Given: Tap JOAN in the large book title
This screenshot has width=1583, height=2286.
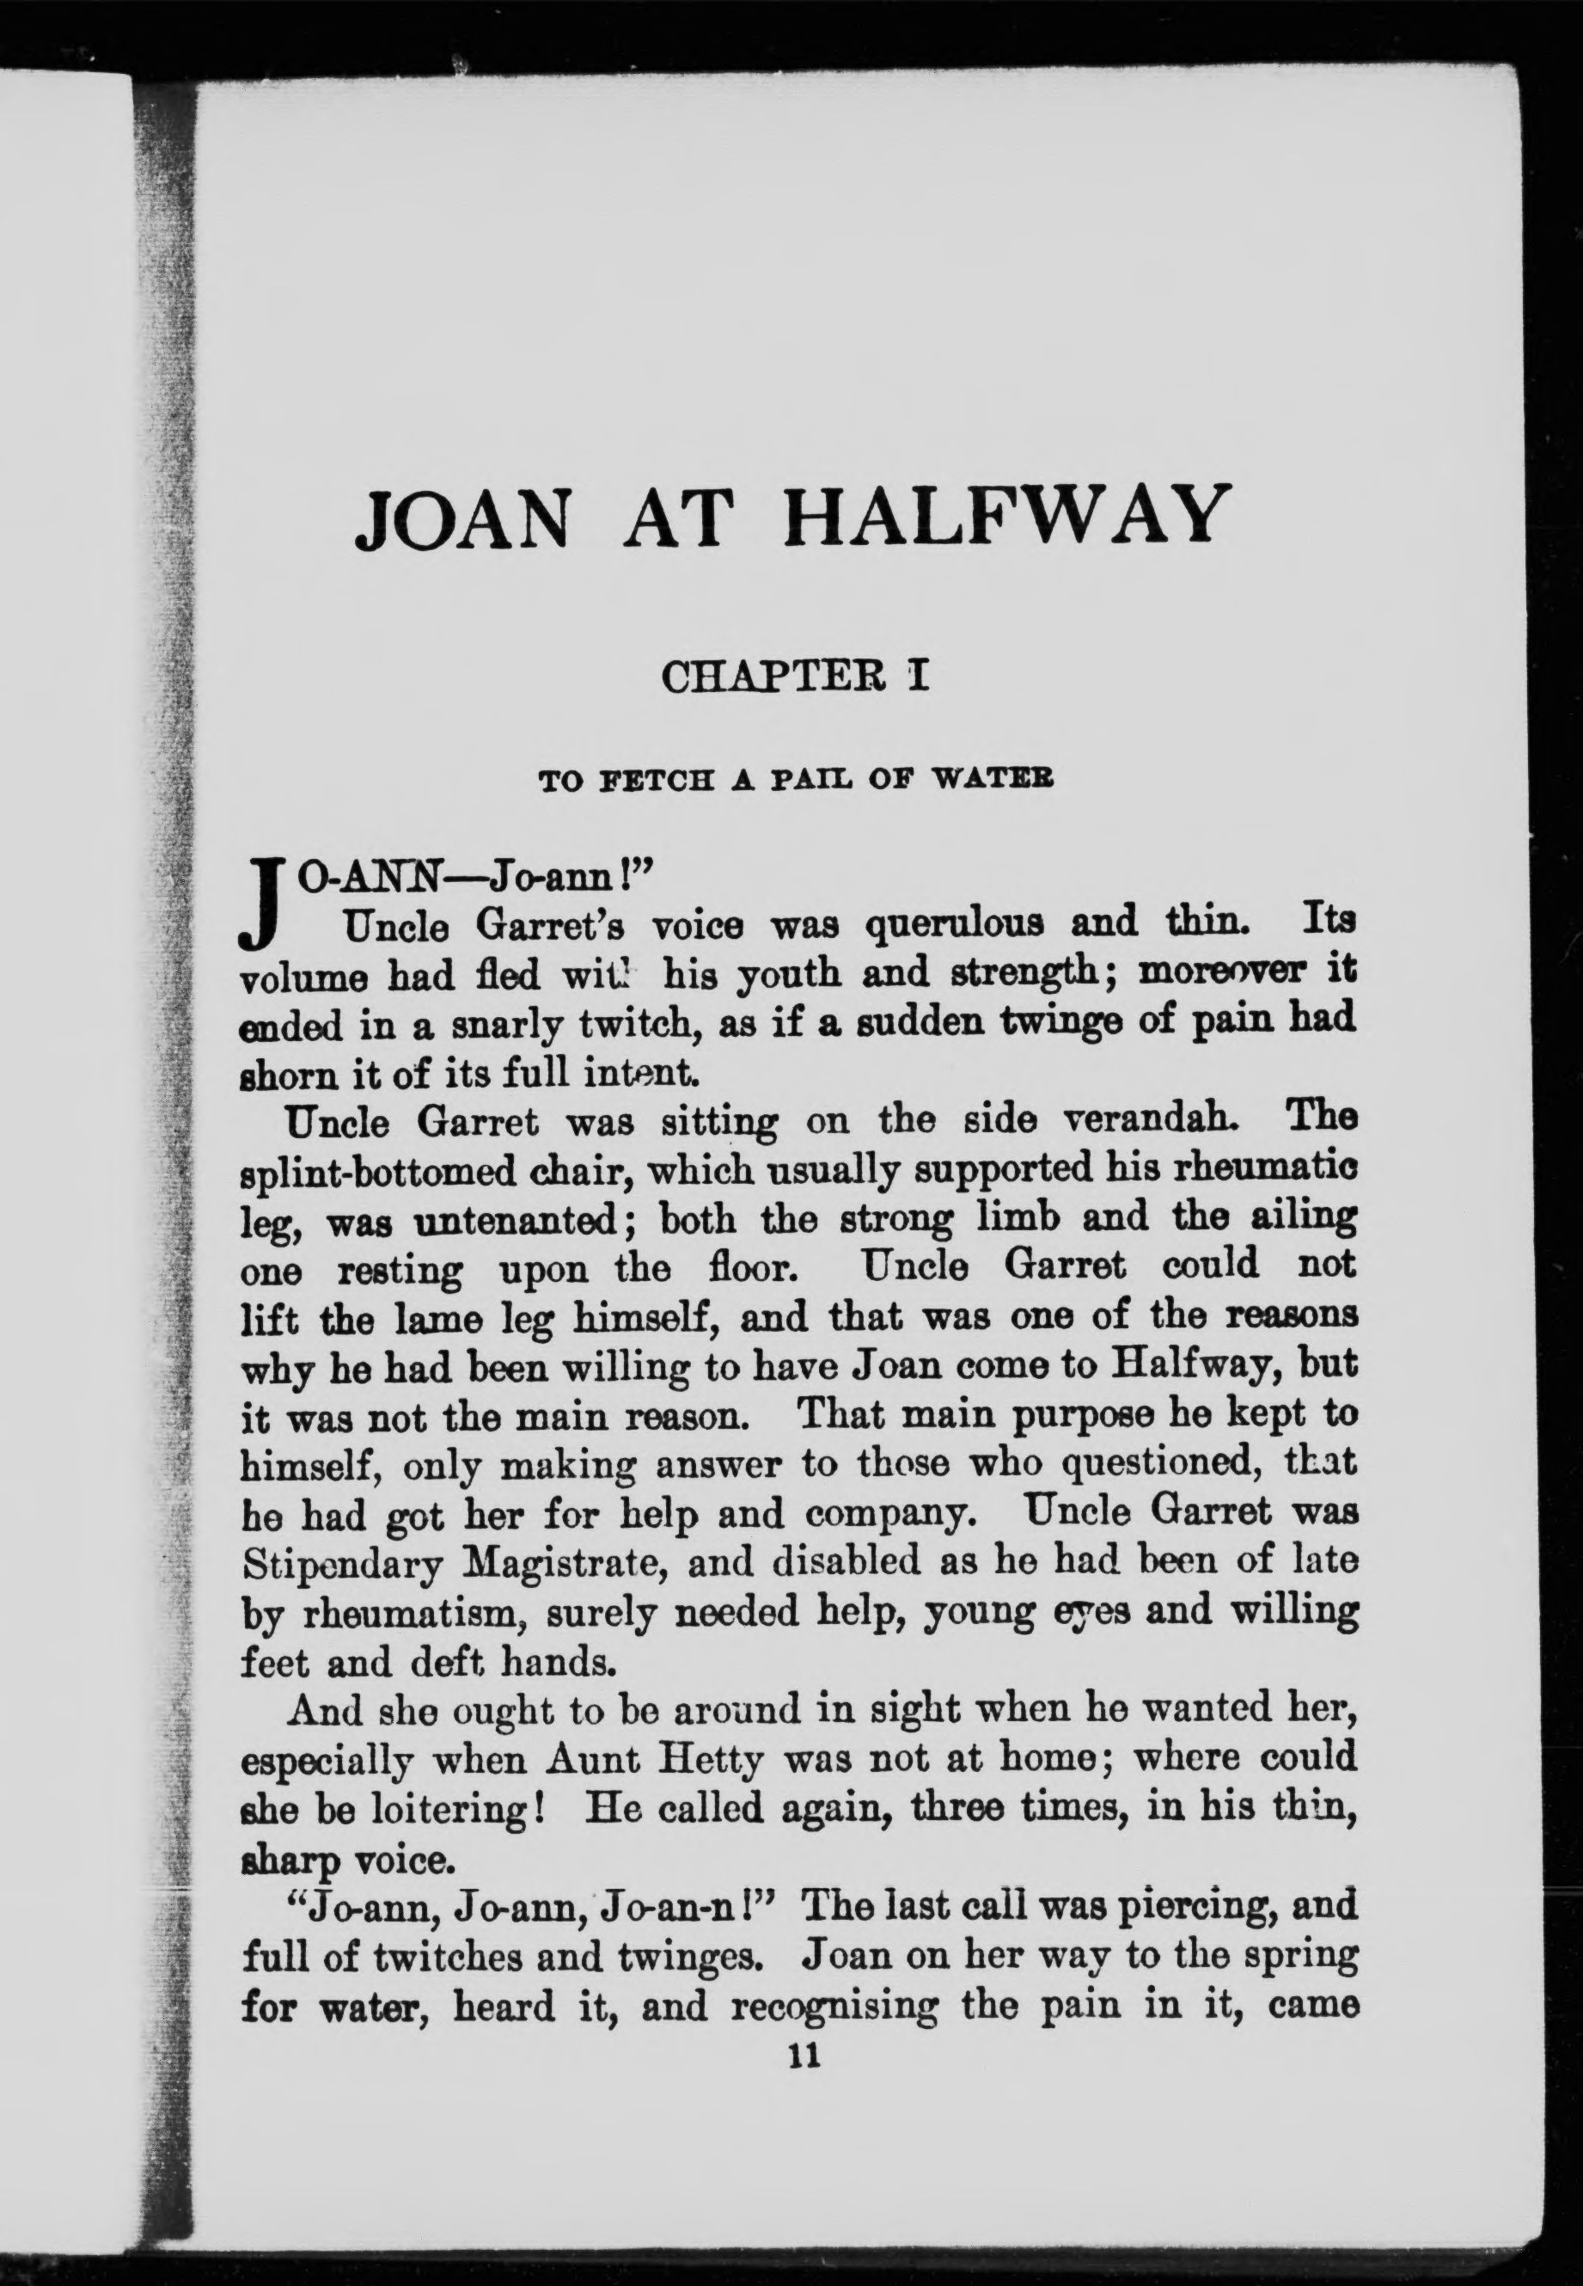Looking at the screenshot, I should pos(462,516).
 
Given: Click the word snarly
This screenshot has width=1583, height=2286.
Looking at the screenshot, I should pos(503,1024).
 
